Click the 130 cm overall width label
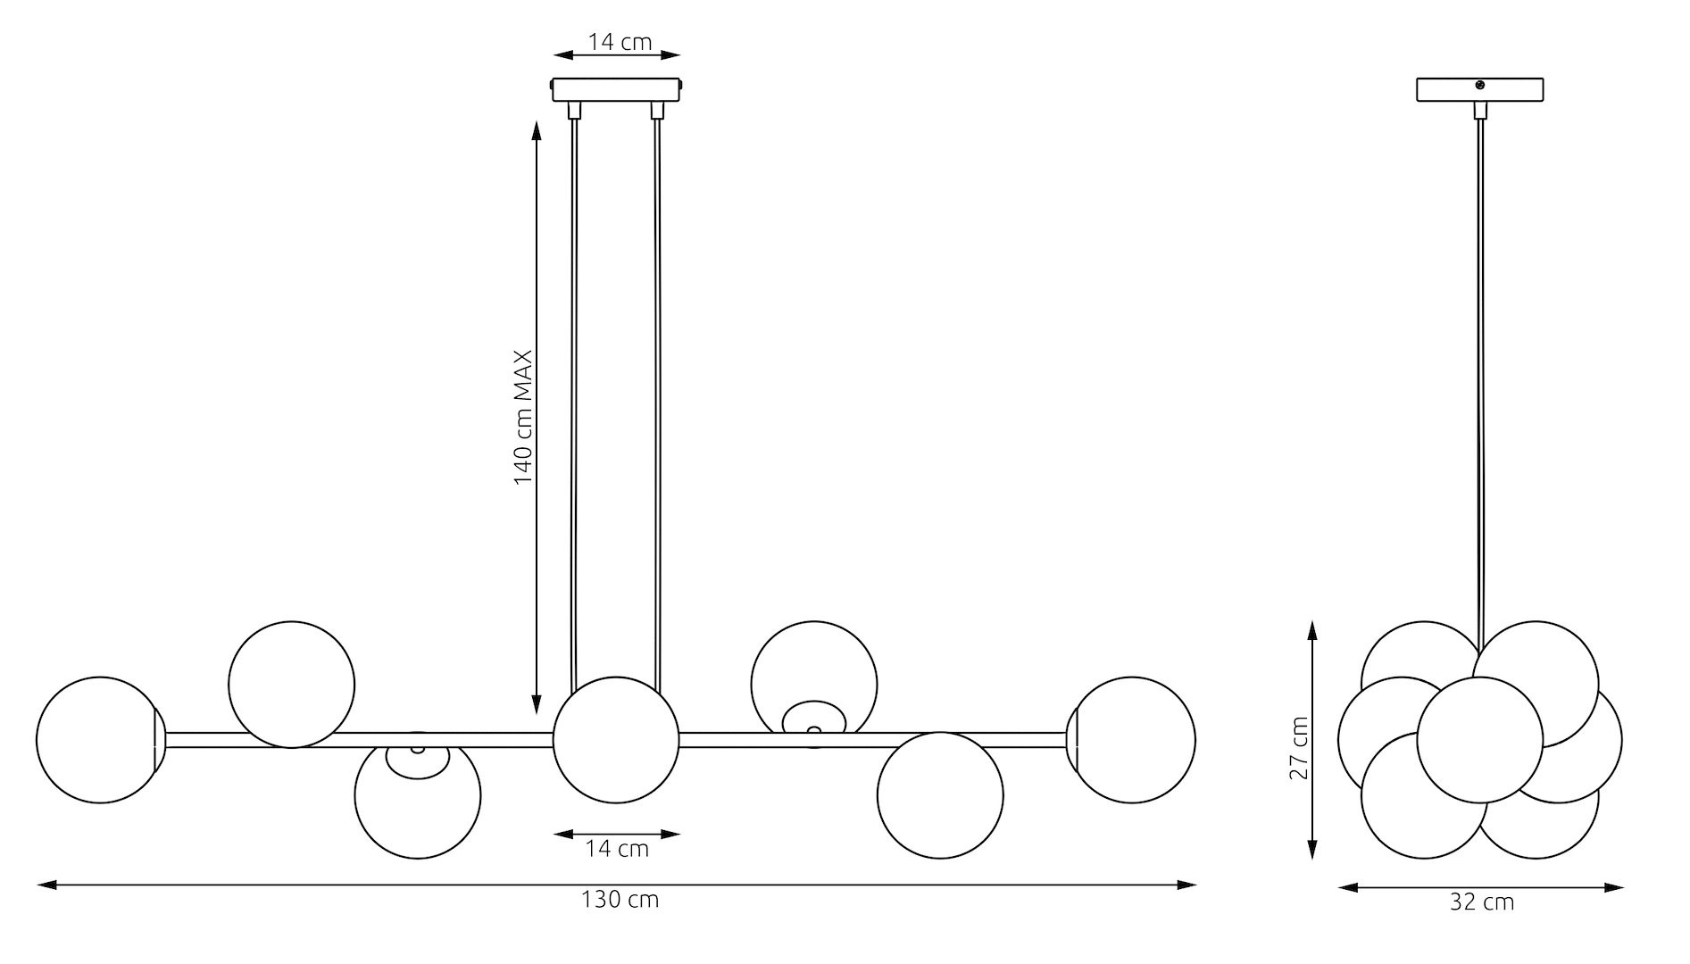pos(620,900)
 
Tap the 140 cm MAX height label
pos(523,417)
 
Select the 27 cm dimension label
pos(1299,747)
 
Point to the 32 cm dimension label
pos(1481,902)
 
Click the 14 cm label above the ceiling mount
pos(620,42)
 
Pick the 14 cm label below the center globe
pos(617,849)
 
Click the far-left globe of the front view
pos(100,740)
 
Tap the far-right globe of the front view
pos(1131,740)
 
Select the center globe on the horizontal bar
pos(616,740)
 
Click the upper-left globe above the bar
pos(291,685)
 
